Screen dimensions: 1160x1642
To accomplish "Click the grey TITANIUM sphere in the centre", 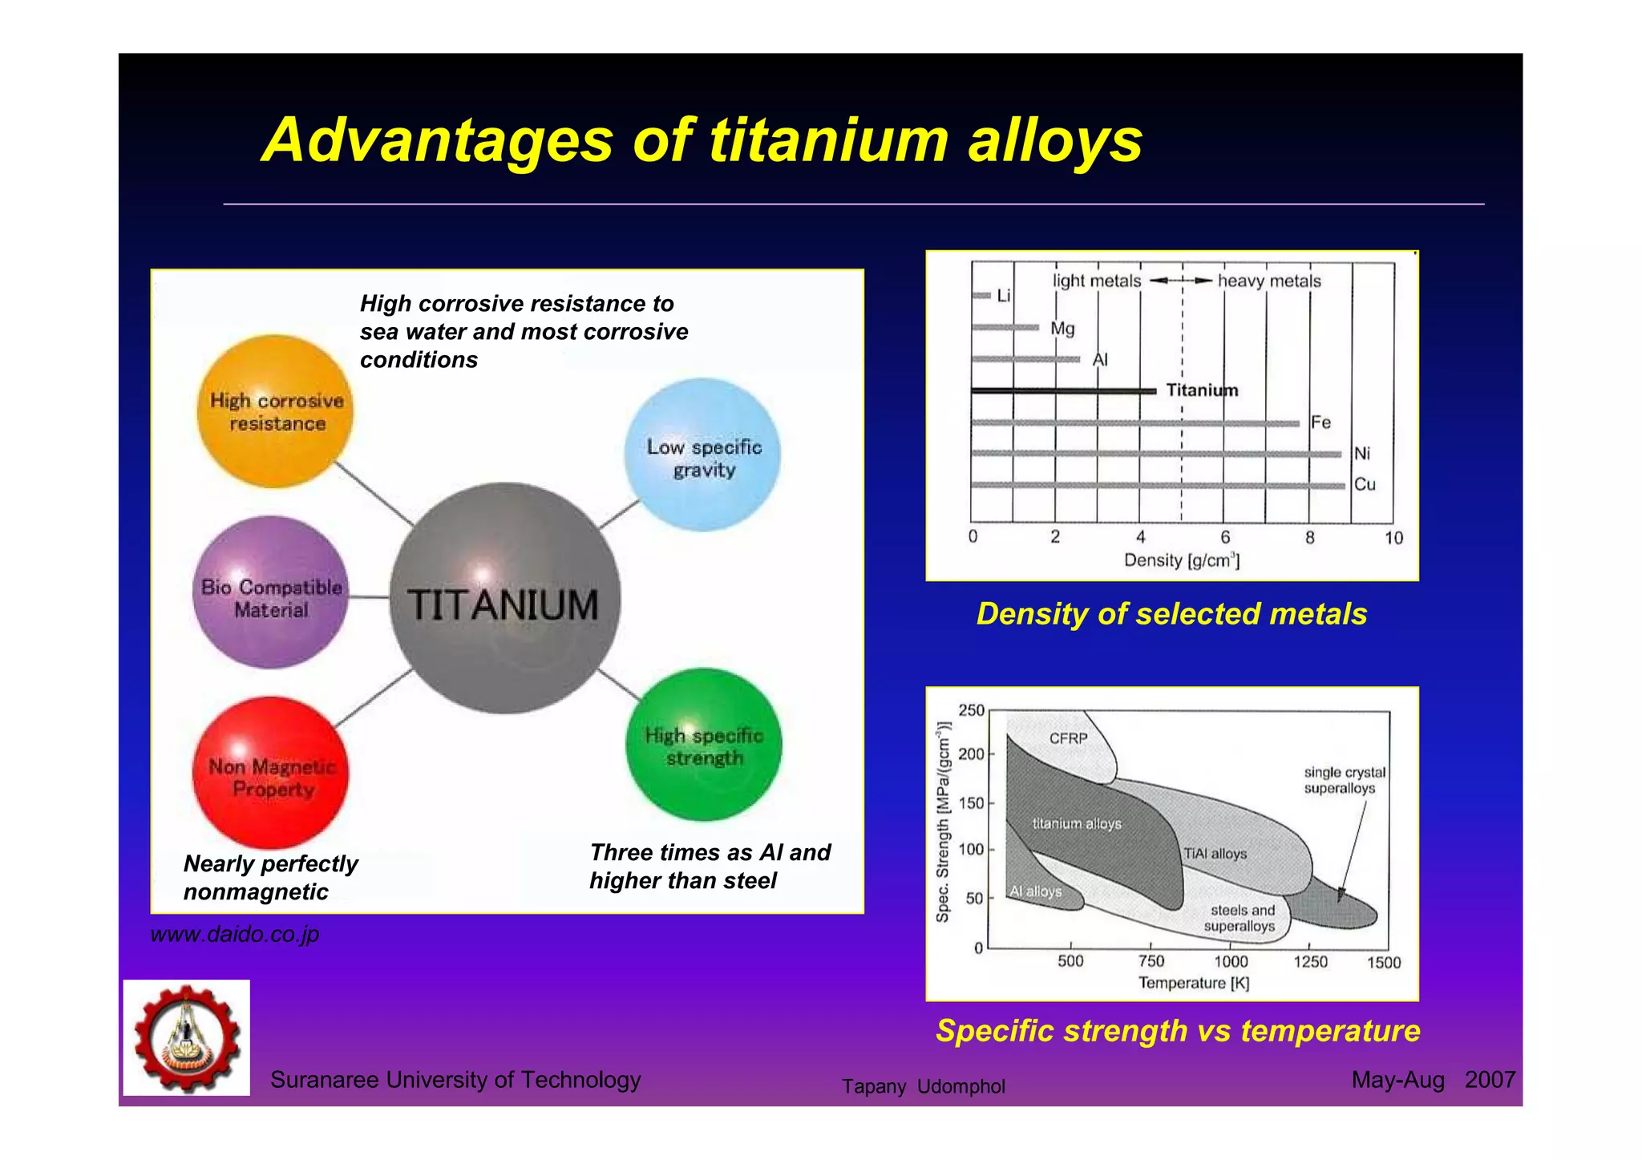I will tap(504, 598).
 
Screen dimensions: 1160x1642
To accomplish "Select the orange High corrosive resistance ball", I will tap(275, 411).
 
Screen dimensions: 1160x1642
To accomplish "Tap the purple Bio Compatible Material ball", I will tap(271, 592).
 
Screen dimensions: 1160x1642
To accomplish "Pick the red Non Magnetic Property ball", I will tap(271, 773).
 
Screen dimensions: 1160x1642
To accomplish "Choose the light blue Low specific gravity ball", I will tap(702, 455).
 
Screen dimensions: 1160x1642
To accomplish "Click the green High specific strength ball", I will tap(704, 745).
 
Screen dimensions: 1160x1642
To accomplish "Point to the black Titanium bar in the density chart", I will tap(1063, 390).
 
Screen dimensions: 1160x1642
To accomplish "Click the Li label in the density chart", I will tap(1003, 296).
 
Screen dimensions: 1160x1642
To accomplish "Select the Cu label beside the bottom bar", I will tap(1365, 484).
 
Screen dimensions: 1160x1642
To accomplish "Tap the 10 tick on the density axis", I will tap(1393, 538).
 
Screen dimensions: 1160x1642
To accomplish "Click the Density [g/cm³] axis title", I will tap(1181, 560).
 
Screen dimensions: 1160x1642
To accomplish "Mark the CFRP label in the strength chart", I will tap(1068, 738).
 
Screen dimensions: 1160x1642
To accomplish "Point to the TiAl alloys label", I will tap(1215, 854).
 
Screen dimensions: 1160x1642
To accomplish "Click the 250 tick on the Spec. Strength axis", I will tap(971, 710).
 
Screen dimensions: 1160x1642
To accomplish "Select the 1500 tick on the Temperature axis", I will tap(1384, 962).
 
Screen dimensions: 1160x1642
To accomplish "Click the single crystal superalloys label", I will tap(1344, 780).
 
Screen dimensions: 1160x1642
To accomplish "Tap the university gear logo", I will tap(187, 1037).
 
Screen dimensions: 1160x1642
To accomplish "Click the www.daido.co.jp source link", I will tap(235, 934).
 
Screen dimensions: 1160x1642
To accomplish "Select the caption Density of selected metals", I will tap(1171, 614).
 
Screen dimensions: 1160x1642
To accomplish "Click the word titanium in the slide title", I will tap(829, 141).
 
